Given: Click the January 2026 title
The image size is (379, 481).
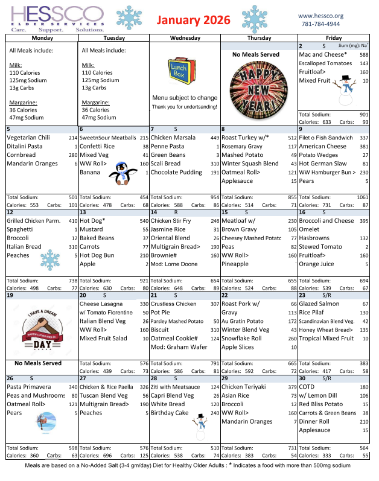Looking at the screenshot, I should click(194, 20).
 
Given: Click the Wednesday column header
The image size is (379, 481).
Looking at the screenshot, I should click(185, 37).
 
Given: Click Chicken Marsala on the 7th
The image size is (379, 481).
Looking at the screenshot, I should click(173, 138).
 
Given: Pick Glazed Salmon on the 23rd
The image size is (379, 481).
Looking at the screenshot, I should click(319, 304).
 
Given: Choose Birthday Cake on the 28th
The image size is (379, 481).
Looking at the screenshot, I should click(170, 413).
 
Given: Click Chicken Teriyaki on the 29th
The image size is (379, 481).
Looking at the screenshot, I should click(245, 387).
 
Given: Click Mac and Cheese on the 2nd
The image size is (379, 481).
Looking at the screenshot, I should click(323, 55).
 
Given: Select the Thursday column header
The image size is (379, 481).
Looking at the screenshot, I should click(259, 37).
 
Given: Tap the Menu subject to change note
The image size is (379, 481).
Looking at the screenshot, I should click(185, 98).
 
